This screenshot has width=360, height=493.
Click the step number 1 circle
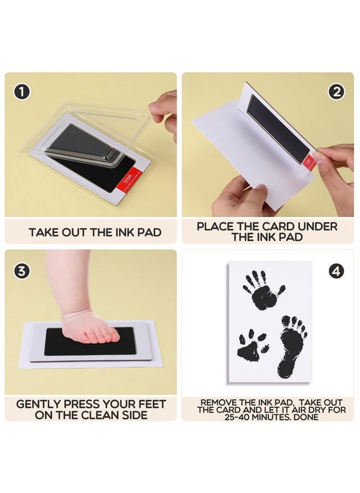pos(22,92)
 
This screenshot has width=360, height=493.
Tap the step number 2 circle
pos(336,92)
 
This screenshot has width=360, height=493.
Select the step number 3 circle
pos(22,270)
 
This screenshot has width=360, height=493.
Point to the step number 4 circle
pos(336,270)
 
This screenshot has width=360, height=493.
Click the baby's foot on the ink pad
pos(90,327)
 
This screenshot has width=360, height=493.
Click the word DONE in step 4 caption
pos(307,417)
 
